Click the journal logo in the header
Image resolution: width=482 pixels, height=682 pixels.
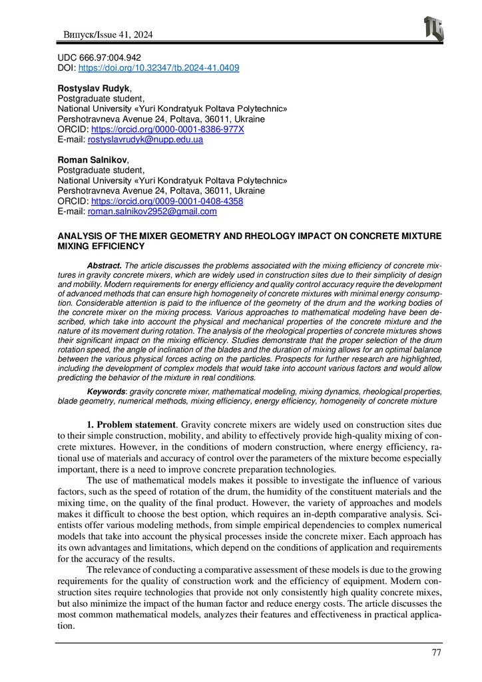click(x=433, y=28)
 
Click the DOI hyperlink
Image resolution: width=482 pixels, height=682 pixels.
click(x=159, y=68)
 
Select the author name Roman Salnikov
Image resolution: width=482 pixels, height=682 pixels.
click(x=83, y=161)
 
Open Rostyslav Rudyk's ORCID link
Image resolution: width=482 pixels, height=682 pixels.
click(x=167, y=129)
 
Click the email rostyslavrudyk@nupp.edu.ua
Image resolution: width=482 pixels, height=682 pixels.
click(x=145, y=140)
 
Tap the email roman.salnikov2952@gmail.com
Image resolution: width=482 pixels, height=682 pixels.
click(x=152, y=212)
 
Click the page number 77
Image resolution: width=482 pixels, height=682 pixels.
click(x=436, y=653)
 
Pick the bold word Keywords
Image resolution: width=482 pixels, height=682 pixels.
click(x=107, y=392)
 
